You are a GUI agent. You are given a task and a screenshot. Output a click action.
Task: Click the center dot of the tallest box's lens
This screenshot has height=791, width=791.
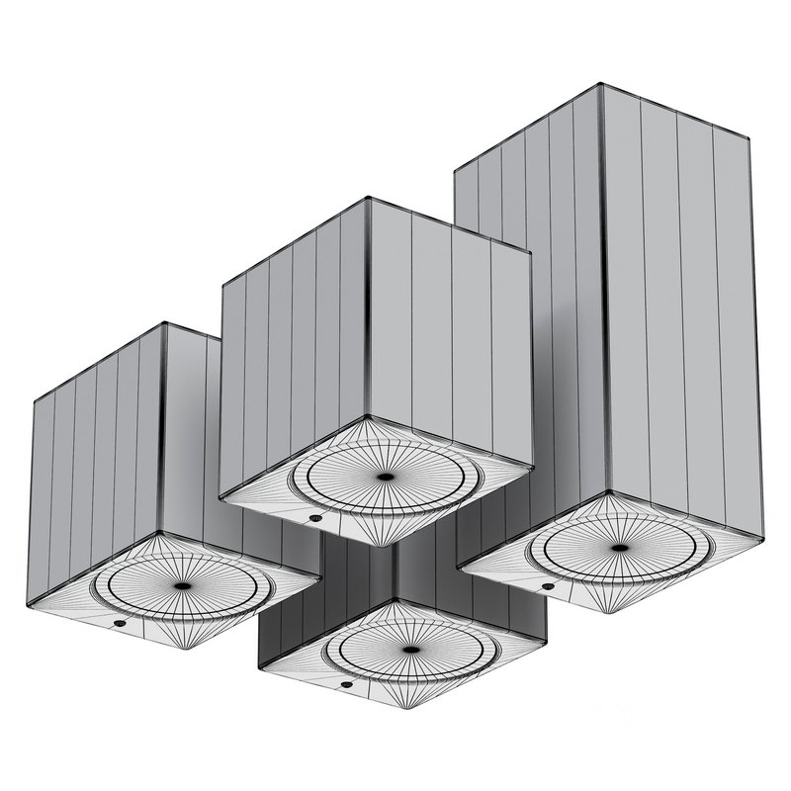(x=620, y=547)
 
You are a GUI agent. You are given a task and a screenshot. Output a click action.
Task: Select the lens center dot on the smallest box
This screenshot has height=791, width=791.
(x=407, y=650)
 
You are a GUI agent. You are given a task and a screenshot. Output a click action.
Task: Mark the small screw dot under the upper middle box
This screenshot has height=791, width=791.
(x=313, y=516)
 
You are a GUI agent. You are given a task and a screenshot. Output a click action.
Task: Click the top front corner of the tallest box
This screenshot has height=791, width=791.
(x=601, y=87)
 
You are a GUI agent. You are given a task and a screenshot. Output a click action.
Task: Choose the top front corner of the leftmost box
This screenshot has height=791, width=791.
(x=163, y=324)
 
